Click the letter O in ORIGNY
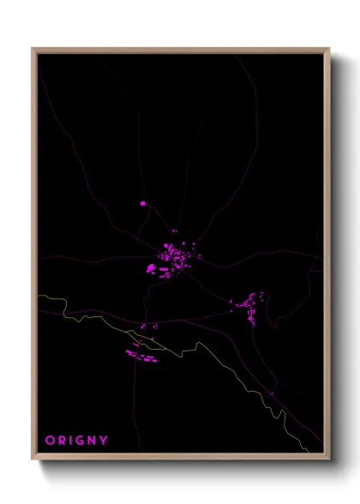tap(50, 441)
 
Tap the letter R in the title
tap(62, 441)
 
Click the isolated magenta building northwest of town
tap(143, 203)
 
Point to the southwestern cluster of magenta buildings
tap(142, 354)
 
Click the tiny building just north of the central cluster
tap(174, 231)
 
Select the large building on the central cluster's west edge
tap(152, 268)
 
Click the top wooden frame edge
tap(181, 50)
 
